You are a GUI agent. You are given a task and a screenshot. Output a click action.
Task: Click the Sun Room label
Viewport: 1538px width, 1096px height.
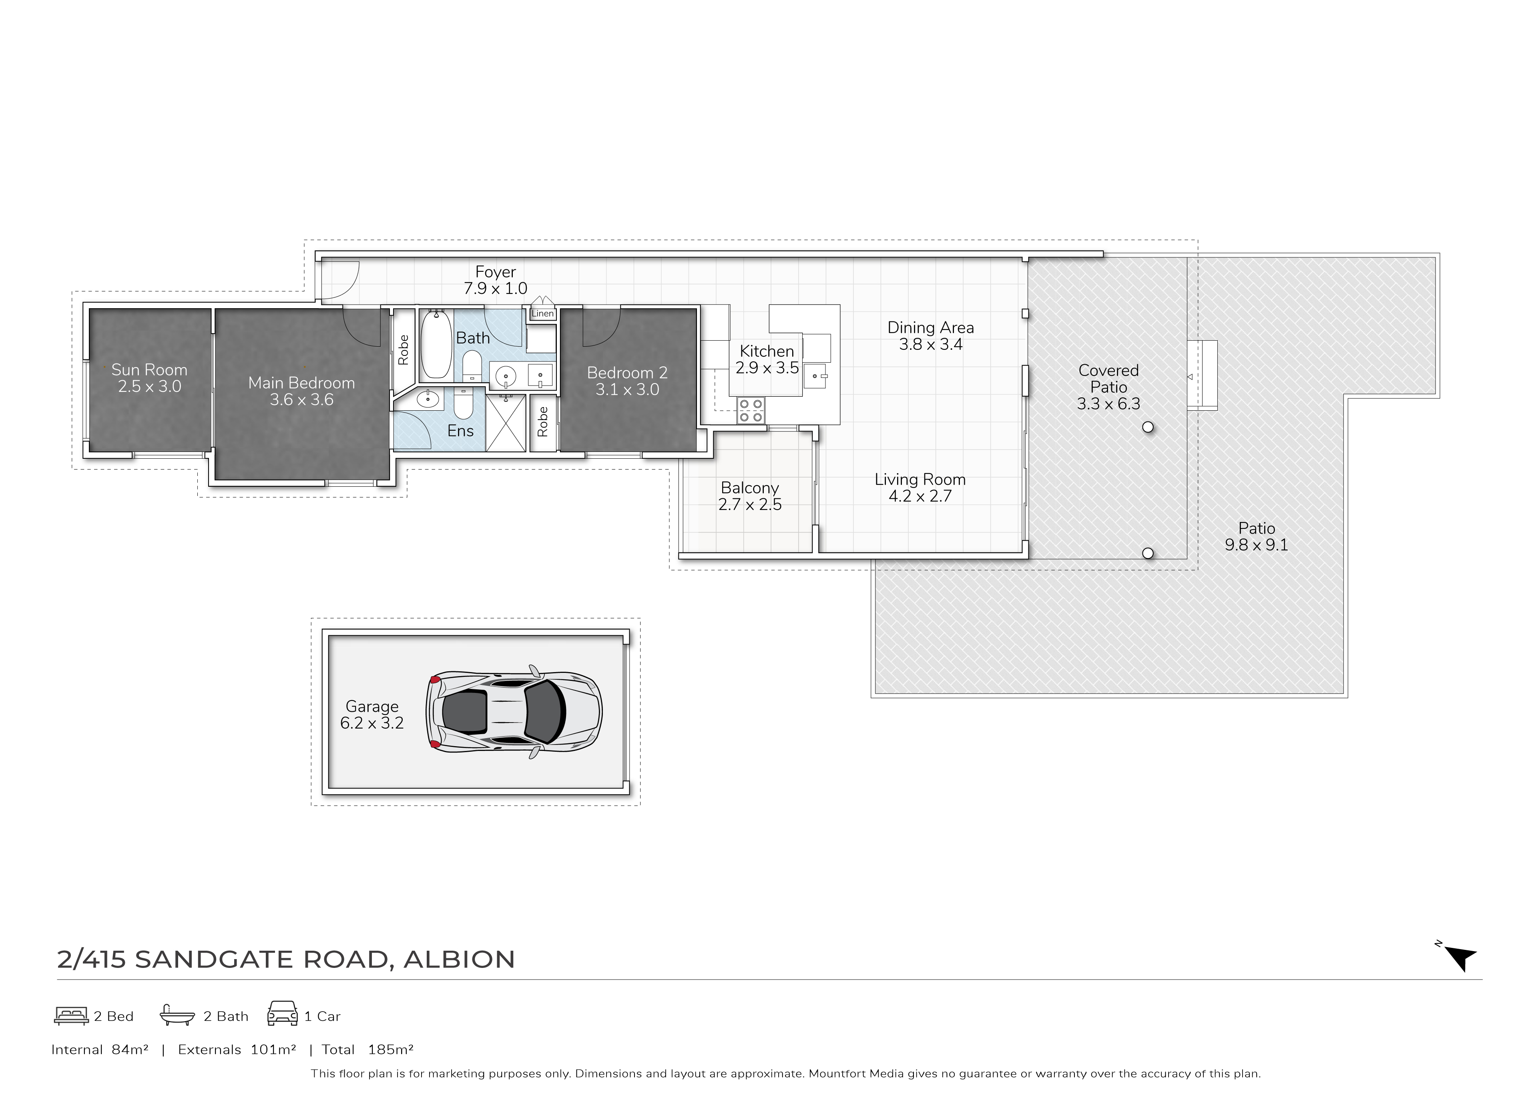pyautogui.click(x=149, y=370)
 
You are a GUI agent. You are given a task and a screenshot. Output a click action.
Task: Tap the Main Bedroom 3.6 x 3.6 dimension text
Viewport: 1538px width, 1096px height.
pyautogui.click(x=302, y=399)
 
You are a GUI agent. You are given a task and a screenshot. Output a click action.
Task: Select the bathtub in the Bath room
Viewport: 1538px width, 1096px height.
pyautogui.click(x=435, y=344)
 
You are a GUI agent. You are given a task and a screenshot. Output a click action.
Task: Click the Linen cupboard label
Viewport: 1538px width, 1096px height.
pyautogui.click(x=542, y=314)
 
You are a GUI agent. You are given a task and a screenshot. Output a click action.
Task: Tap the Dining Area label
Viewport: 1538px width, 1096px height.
pyautogui.click(x=931, y=328)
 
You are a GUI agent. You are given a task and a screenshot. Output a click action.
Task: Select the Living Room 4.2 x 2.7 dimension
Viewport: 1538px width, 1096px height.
pyautogui.click(x=920, y=496)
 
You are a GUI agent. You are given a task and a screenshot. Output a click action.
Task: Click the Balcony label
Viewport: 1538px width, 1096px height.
pyautogui.click(x=750, y=488)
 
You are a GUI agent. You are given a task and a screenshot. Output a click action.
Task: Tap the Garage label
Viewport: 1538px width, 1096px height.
pyautogui.click(x=372, y=707)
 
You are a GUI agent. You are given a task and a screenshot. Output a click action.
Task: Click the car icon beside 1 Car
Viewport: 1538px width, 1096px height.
pyautogui.click(x=283, y=1014)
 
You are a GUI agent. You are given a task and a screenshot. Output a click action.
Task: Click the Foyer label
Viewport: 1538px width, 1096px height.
pyautogui.click(x=495, y=272)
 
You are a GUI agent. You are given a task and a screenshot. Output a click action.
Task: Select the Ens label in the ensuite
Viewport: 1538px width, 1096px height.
pyautogui.click(x=460, y=431)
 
